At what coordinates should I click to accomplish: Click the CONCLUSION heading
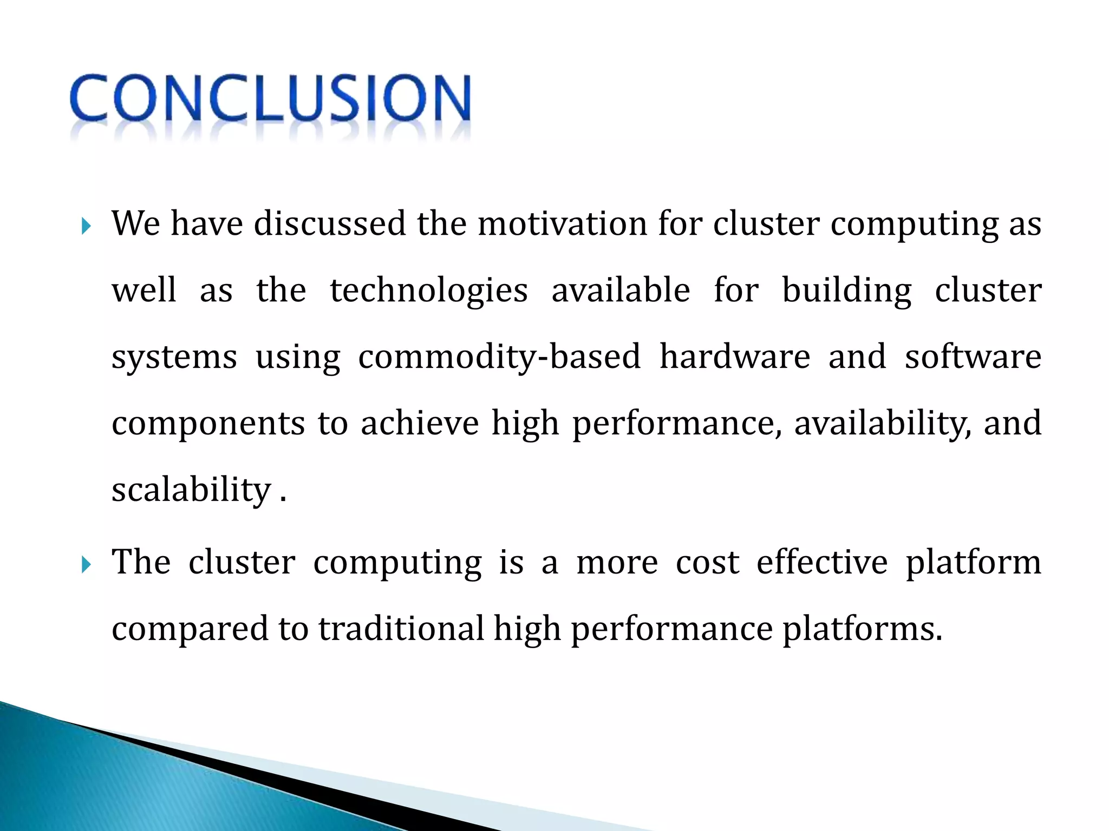[270, 98]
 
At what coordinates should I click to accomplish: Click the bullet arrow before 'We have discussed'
[86, 226]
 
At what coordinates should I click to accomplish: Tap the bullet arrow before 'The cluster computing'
[86, 565]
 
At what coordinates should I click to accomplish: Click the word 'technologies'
[428, 291]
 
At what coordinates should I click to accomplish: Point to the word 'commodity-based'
[499, 357]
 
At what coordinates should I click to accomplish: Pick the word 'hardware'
[734, 357]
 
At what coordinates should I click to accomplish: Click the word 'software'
[973, 357]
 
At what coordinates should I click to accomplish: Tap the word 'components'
[208, 424]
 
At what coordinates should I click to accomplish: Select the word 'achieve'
[420, 423]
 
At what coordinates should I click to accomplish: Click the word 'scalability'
[191, 490]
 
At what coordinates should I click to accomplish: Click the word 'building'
[847, 291]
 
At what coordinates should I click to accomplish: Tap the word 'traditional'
[401, 629]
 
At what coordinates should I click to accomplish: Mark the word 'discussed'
[329, 223]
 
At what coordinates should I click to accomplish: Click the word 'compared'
[190, 630]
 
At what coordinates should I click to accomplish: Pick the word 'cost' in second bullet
[707, 563]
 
